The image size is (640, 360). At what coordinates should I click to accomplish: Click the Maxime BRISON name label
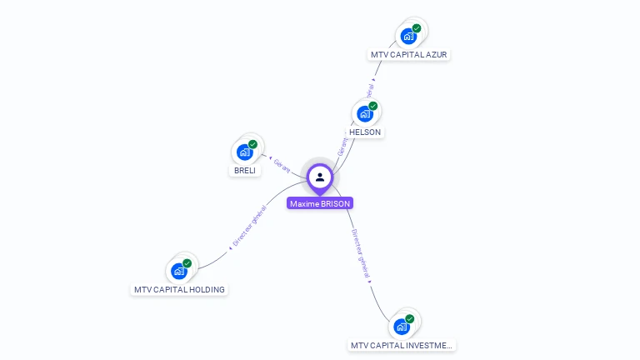coord(320,203)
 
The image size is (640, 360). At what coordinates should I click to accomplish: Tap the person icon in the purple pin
coord(320,177)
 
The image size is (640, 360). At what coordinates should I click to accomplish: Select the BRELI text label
coord(245,170)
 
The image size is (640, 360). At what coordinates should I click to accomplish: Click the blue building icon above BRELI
coord(244,152)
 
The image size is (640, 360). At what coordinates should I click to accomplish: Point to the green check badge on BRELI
coord(252,144)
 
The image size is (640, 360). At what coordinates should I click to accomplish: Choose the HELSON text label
coord(365,132)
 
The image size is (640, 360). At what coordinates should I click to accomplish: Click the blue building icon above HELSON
coord(364,113)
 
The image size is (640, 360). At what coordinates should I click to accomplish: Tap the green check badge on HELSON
coord(373,106)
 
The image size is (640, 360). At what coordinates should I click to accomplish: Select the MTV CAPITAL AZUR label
coord(409,55)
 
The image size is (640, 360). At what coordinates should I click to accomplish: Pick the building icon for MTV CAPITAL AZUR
coord(407,36)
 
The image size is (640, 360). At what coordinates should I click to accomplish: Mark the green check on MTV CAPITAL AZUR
coord(417,28)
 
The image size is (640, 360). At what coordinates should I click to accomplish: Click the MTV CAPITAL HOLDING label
coord(179,290)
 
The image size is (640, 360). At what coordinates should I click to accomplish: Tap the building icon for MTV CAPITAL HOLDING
coord(178,271)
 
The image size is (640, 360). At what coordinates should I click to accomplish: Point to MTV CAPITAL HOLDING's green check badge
coord(187,263)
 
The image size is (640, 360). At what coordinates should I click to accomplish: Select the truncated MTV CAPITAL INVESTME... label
coord(402,345)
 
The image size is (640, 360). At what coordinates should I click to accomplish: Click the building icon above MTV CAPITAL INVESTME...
coord(401,326)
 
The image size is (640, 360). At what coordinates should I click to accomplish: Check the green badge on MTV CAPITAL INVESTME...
coord(410,318)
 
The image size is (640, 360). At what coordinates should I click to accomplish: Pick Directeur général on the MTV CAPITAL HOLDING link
coord(249,229)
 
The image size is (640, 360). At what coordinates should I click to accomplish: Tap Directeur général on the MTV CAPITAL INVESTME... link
coord(360,253)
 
